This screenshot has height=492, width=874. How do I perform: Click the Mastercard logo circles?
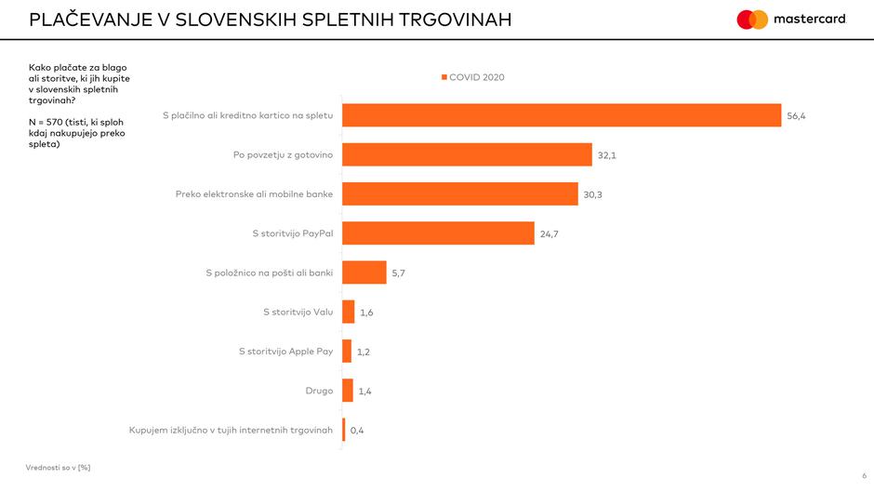tap(752, 20)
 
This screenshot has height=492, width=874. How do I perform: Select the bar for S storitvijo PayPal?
tap(438, 233)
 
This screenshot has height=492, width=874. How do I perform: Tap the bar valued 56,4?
tap(562, 114)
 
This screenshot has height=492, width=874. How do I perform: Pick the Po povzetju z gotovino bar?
tap(467, 154)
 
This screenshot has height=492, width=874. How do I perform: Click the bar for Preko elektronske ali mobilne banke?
tap(460, 193)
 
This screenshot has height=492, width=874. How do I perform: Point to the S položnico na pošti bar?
tap(364, 273)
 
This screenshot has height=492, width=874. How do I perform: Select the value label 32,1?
tap(607, 155)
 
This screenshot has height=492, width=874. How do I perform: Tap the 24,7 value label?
tap(550, 234)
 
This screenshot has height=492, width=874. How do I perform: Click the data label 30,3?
tap(593, 194)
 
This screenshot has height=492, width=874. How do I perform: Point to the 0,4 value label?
tap(357, 431)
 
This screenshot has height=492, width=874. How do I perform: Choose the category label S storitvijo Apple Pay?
tap(285, 352)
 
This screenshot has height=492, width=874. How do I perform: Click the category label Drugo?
tap(319, 391)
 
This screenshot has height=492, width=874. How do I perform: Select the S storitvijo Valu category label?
tap(298, 312)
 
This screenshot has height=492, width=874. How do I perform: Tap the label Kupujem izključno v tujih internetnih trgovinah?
tap(231, 430)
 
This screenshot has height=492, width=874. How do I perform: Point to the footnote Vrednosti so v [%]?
tap(58, 467)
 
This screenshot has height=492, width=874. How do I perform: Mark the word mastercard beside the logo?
tap(810, 20)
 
